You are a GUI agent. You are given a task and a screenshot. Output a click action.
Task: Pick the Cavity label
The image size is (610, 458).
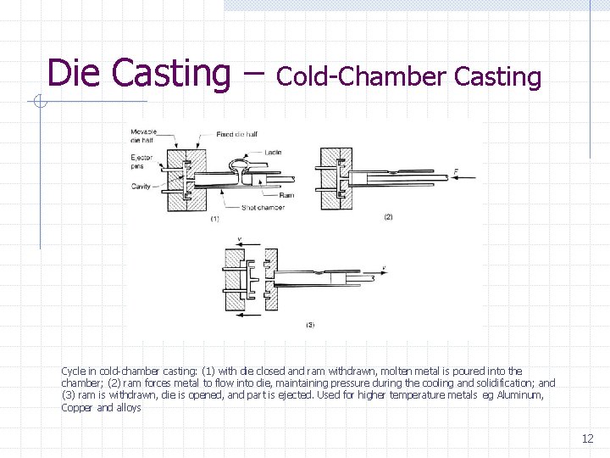tap(141, 187)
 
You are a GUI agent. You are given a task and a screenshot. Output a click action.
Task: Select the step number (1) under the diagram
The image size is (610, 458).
tap(215, 219)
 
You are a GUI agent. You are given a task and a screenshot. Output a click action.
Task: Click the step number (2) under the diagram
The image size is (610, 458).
tap(388, 217)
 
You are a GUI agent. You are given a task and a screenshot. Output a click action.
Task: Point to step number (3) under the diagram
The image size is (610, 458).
tap(310, 324)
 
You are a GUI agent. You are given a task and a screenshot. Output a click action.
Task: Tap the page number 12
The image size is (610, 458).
tap(587, 438)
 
